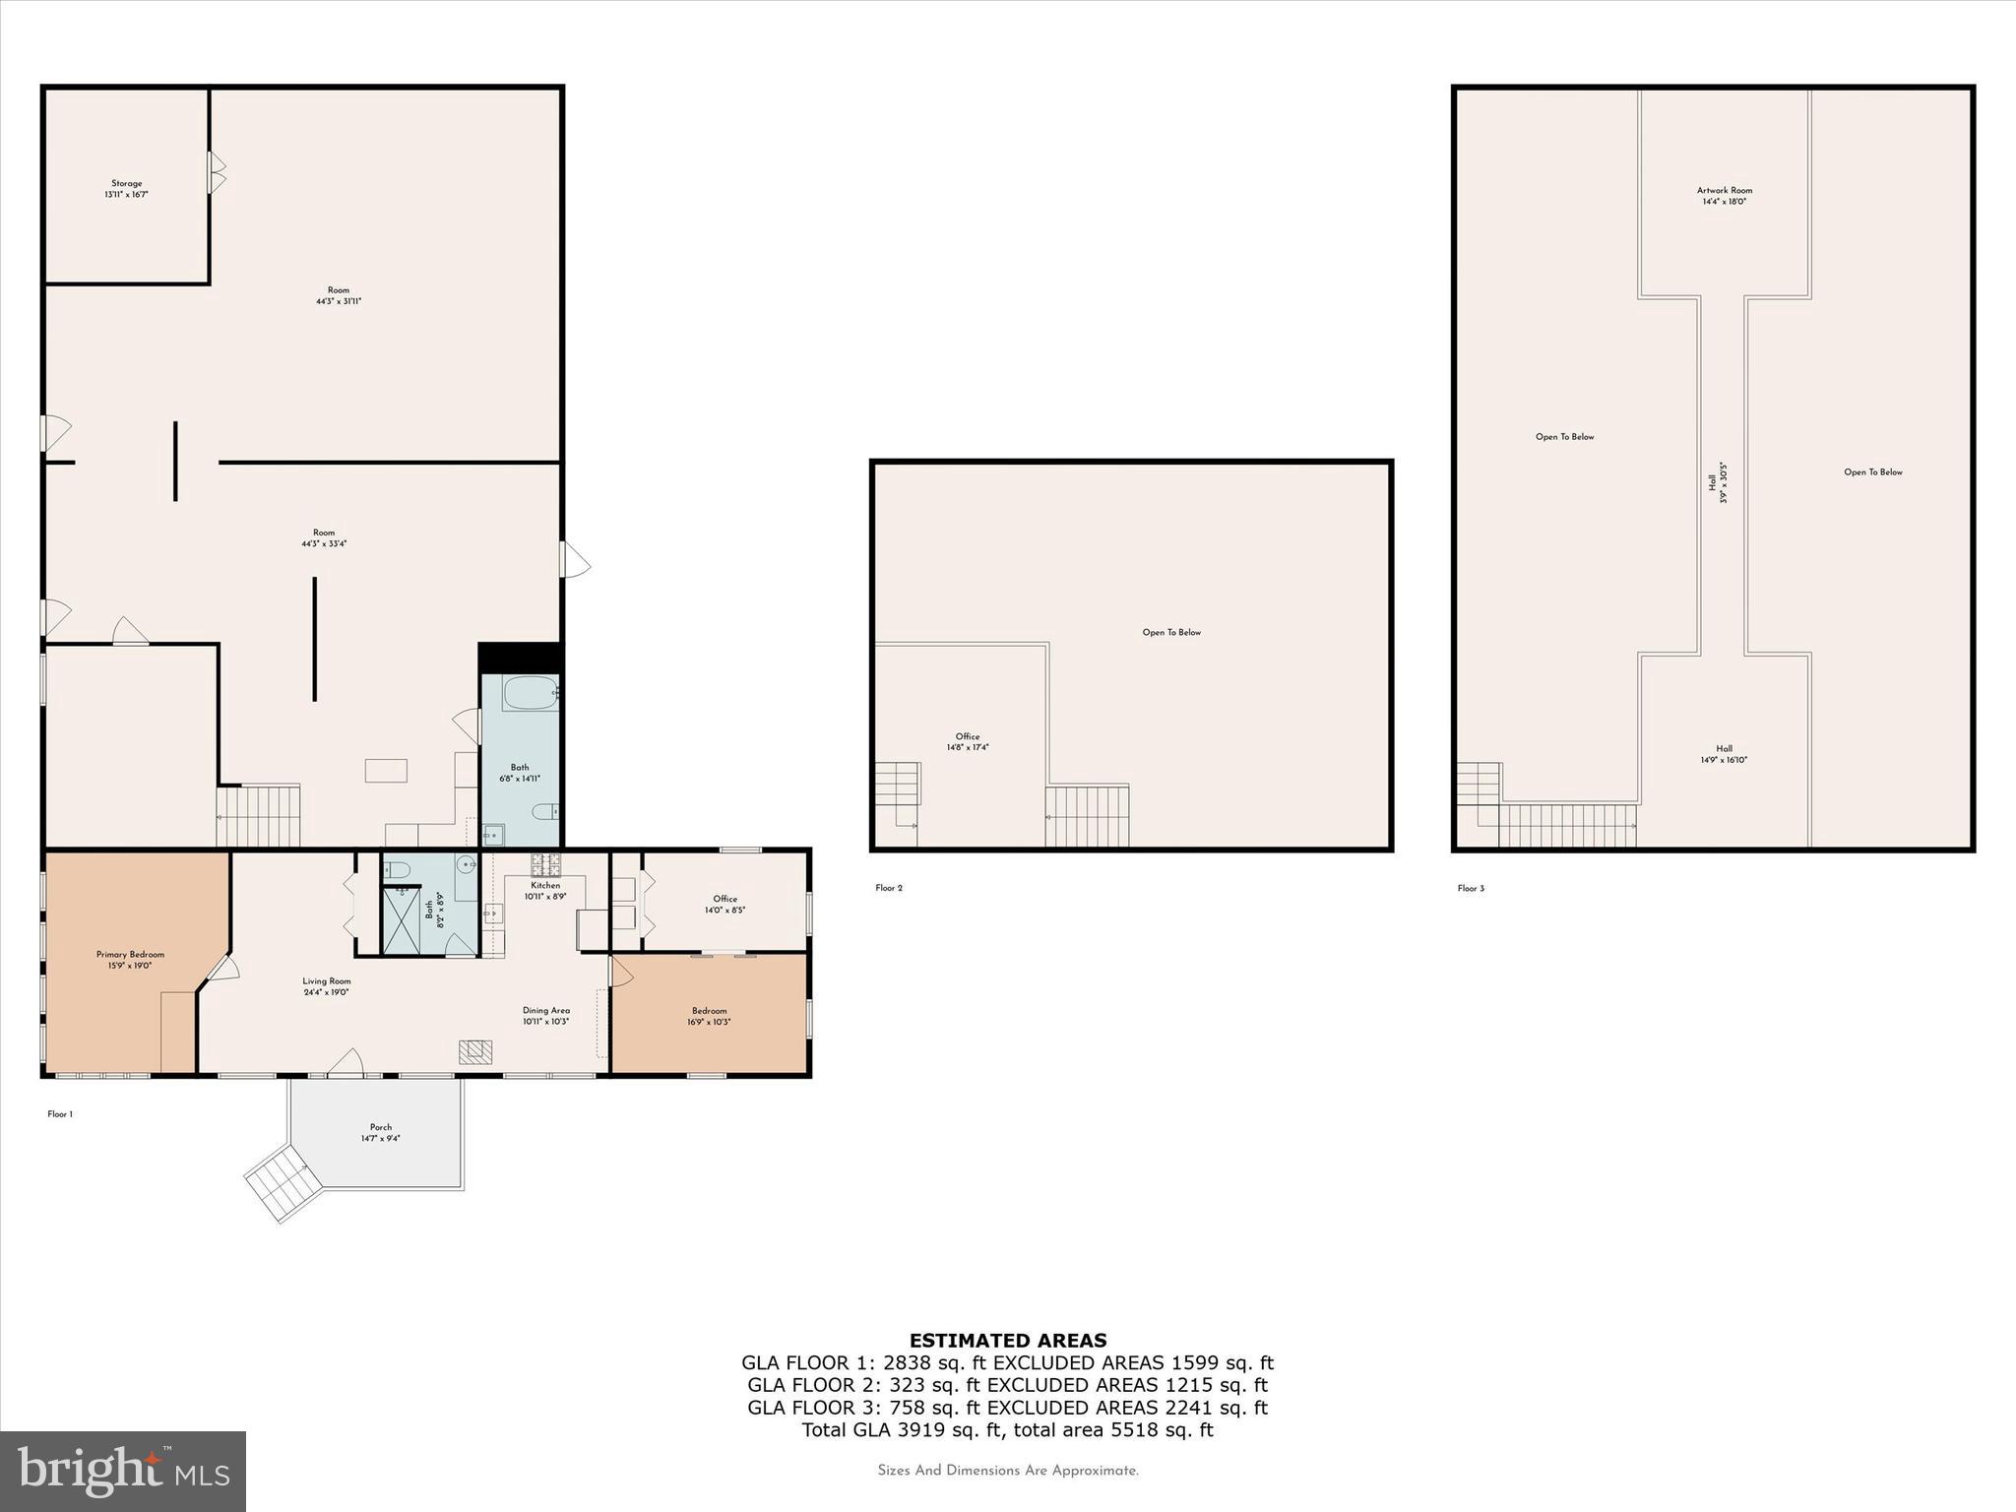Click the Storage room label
126,189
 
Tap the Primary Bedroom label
130,960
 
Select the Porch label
380,1132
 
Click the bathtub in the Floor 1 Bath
530,693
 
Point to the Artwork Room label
1724,196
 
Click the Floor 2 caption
888,888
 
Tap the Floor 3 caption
1470,888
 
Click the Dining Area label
545,1016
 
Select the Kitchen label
544,891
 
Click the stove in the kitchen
545,865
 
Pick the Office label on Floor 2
967,741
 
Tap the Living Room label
327,986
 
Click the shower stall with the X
401,919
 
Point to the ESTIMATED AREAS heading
1007,1340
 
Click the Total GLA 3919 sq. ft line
1007,1429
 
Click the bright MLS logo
123,1471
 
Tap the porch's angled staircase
283,1185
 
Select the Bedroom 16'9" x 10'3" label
709,1016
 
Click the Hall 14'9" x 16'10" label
1724,754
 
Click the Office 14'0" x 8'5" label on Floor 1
724,904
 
